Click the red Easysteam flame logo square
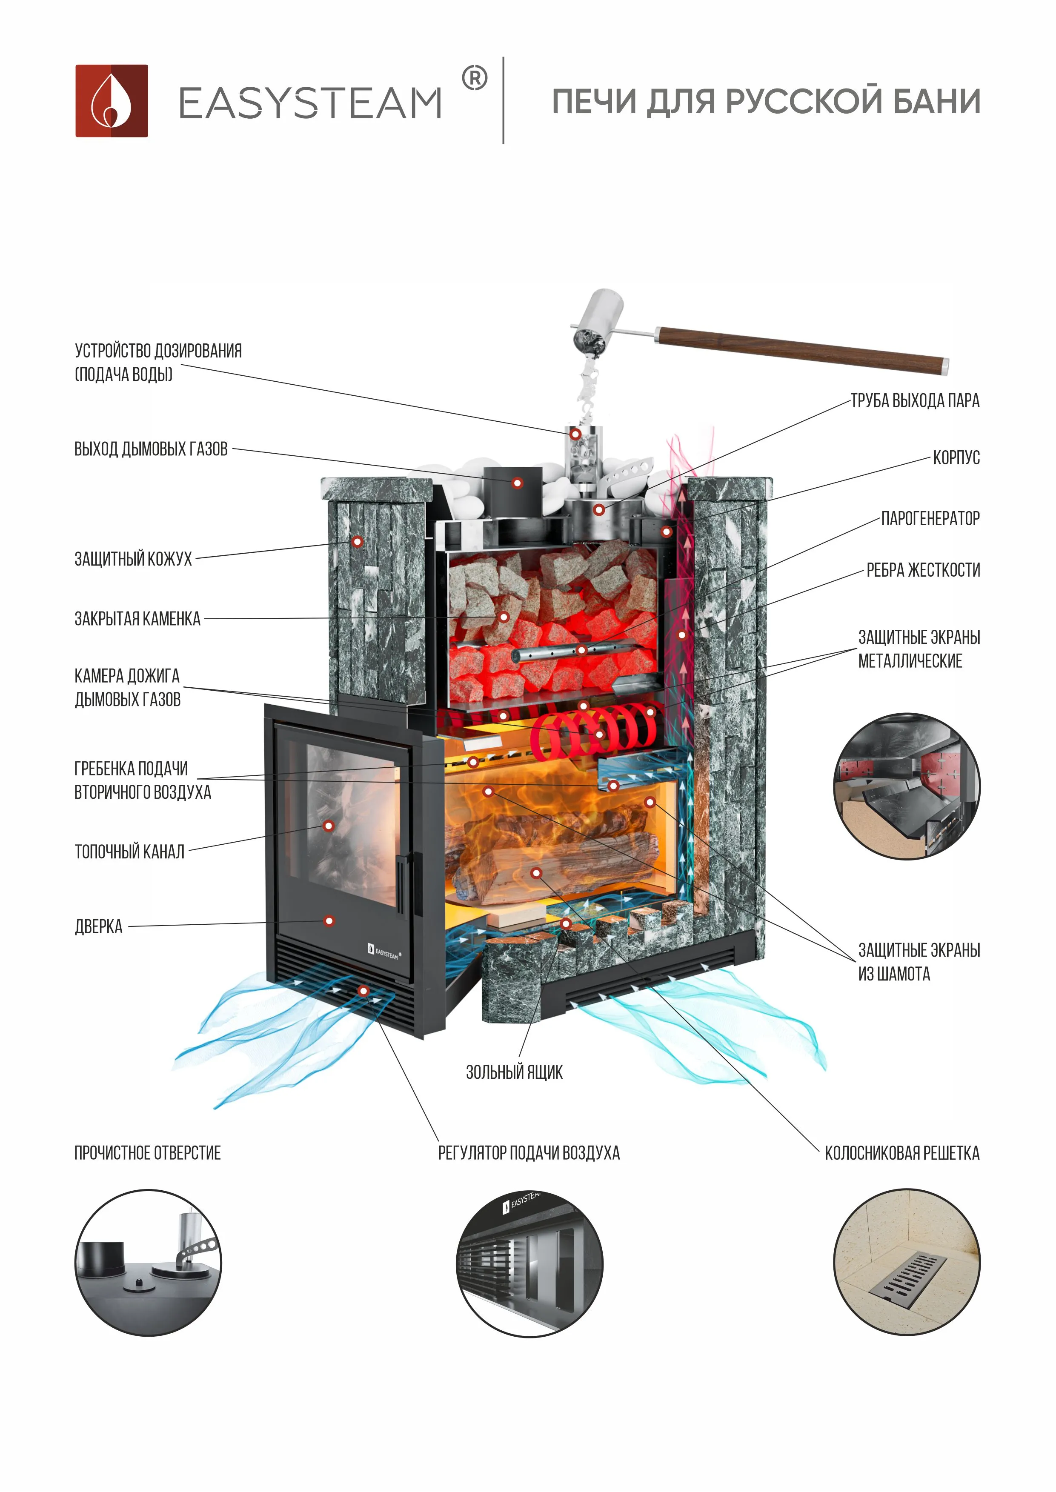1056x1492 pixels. click(111, 101)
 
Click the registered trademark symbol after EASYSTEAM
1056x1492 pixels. click(474, 79)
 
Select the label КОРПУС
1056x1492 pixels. click(956, 457)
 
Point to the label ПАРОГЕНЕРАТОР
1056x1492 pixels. click(930, 518)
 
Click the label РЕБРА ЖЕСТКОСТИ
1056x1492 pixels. click(923, 570)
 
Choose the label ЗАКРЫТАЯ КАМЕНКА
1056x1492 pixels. click(137, 618)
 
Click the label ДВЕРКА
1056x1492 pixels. click(98, 926)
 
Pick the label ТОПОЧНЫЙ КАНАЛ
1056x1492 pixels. click(129, 851)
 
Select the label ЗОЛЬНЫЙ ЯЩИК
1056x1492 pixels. click(514, 1072)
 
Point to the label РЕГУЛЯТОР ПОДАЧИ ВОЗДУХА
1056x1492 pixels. click(529, 1153)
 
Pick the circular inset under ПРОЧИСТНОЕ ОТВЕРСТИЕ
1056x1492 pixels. click(148, 1263)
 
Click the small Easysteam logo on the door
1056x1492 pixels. click(383, 952)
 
